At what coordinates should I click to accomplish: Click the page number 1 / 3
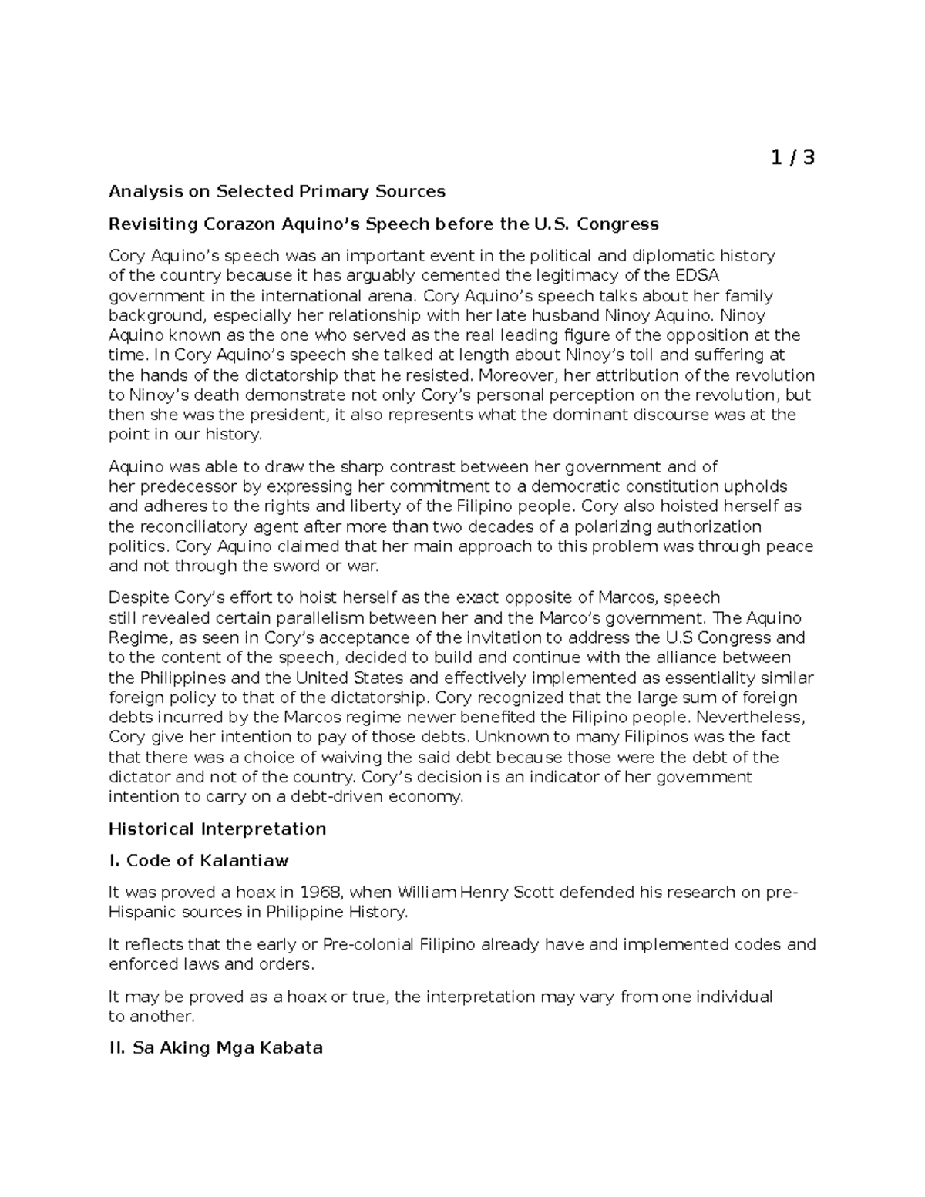click(x=792, y=158)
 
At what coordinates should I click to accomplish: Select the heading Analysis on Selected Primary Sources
click(x=277, y=191)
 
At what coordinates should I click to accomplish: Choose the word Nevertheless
click(x=759, y=718)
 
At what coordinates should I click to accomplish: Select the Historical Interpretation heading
click(x=217, y=829)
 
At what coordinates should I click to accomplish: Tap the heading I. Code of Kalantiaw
click(x=199, y=861)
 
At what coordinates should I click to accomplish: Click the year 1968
click(x=321, y=893)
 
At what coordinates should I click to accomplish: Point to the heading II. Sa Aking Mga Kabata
click(x=216, y=1048)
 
